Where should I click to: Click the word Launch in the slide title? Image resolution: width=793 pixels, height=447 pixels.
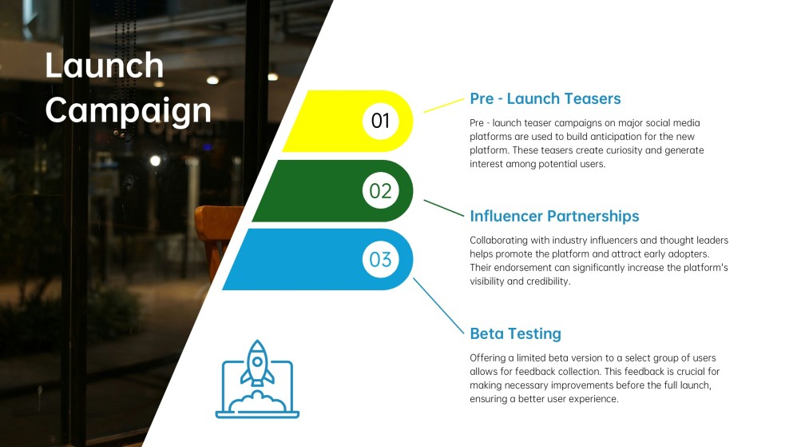[x=104, y=66]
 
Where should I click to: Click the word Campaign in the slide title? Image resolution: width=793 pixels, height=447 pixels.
[x=128, y=111]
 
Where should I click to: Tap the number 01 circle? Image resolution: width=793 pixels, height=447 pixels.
[x=380, y=121]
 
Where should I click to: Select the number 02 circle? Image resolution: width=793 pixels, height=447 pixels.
[x=380, y=190]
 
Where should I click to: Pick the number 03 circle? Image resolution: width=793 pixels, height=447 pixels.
[x=380, y=259]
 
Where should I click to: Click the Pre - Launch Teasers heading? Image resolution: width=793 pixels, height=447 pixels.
[x=545, y=99]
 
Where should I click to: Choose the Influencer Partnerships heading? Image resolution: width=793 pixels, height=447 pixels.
[x=554, y=216]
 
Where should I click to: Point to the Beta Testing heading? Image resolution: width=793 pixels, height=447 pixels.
[x=515, y=333]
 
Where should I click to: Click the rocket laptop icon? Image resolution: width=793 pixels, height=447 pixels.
[x=257, y=379]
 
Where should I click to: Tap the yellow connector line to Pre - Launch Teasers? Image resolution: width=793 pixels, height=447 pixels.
[x=443, y=106]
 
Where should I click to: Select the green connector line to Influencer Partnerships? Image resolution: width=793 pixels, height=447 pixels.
[x=443, y=209]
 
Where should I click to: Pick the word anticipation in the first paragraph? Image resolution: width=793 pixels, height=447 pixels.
[x=617, y=137]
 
